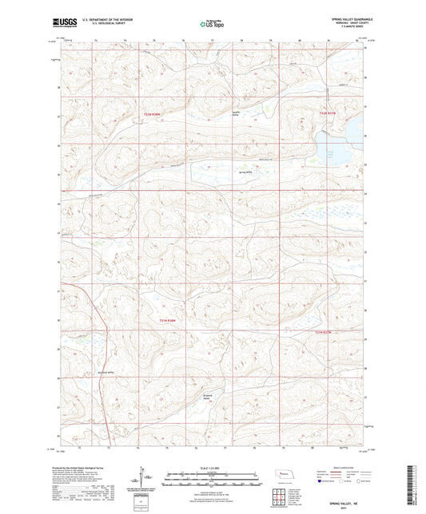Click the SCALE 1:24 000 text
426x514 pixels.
pyautogui.click(x=213, y=468)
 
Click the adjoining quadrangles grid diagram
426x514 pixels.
pyautogui.click(x=282, y=496)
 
